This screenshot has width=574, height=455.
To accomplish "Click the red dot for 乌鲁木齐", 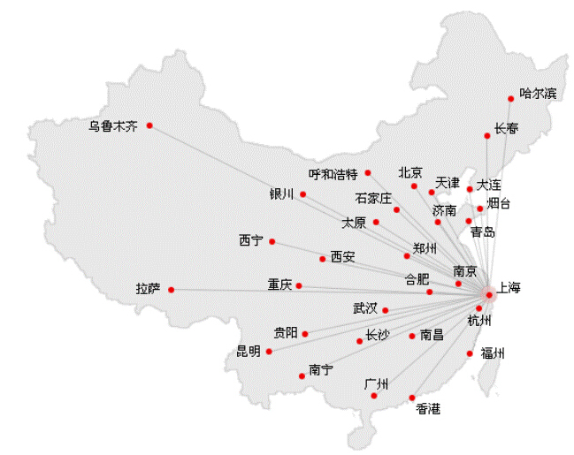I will pyautogui.click(x=149, y=125).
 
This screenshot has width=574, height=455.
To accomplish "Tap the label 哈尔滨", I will pyautogui.click(x=538, y=93).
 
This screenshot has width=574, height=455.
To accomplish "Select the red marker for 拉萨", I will pyautogui.click(x=171, y=290).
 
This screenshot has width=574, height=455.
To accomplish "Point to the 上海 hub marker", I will pyautogui.click(x=487, y=294).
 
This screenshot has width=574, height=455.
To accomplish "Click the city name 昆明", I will pyautogui.click(x=248, y=352).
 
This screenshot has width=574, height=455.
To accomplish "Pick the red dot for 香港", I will pyautogui.click(x=412, y=397).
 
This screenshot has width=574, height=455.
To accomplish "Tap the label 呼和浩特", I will pyautogui.click(x=333, y=173).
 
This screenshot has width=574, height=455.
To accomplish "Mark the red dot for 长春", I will pyautogui.click(x=487, y=135).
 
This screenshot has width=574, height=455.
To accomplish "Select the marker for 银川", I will pyautogui.click(x=302, y=194).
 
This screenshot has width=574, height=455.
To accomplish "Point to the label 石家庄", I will pyautogui.click(x=372, y=198).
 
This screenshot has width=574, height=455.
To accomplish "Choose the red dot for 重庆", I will pyautogui.click(x=299, y=285).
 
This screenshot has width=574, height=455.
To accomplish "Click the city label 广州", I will pyautogui.click(x=376, y=384).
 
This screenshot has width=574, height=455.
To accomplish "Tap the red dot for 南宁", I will pyautogui.click(x=302, y=376).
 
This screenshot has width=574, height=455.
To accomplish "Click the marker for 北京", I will pyautogui.click(x=414, y=186).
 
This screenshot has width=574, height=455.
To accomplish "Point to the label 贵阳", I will pyautogui.click(x=285, y=332).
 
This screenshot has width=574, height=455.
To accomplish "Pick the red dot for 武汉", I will pyautogui.click(x=386, y=310).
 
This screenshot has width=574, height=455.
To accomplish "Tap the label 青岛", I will pyautogui.click(x=482, y=232).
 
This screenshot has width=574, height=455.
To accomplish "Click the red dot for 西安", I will pyautogui.click(x=322, y=259).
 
